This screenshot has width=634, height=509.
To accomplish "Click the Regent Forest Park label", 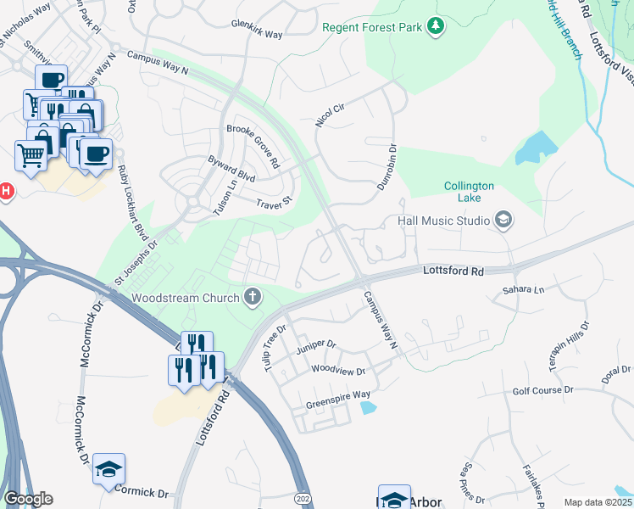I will (371, 27).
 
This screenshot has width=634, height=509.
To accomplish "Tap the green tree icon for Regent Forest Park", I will (436, 27).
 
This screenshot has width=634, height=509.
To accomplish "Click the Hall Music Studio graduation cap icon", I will (503, 221).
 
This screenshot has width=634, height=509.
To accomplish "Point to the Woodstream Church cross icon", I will (252, 298).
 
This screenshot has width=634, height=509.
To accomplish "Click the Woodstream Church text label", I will (186, 298).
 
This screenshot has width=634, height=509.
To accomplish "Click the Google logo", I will (28, 499).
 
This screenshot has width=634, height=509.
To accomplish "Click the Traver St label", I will (274, 204).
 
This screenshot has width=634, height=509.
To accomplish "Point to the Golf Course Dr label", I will (542, 390).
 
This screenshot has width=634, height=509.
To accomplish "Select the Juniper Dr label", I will (316, 346).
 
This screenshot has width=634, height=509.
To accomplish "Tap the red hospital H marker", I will (4, 192).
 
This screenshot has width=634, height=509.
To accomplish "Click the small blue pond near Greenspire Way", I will (368, 408).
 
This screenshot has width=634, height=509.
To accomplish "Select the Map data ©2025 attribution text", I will (597, 502).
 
